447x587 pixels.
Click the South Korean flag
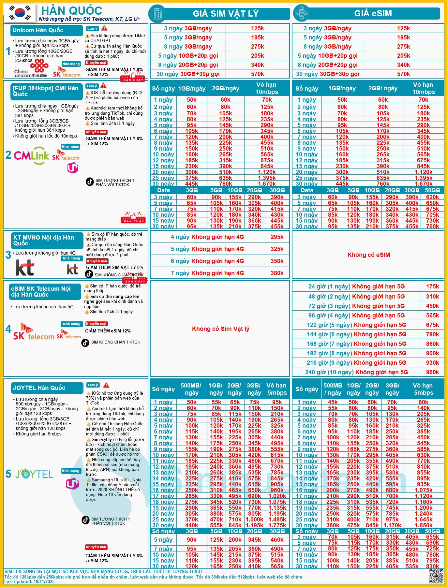[19, 13]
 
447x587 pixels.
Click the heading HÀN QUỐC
[72, 10]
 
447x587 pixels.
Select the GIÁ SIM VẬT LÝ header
[225, 14]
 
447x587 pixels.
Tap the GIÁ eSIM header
[373, 13]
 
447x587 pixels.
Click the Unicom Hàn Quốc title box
[46, 30]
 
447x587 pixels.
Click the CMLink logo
[31, 156]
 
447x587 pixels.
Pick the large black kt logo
[25, 268]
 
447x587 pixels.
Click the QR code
[436, 576]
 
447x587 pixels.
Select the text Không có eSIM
[369, 255]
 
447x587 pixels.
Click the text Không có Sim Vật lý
[220, 329]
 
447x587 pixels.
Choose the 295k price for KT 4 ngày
[277, 237]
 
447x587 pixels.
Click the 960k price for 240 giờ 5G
[432, 372]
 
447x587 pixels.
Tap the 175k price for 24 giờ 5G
[432, 286]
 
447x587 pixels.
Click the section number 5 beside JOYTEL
[8, 474]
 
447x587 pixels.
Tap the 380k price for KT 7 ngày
[277, 273]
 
